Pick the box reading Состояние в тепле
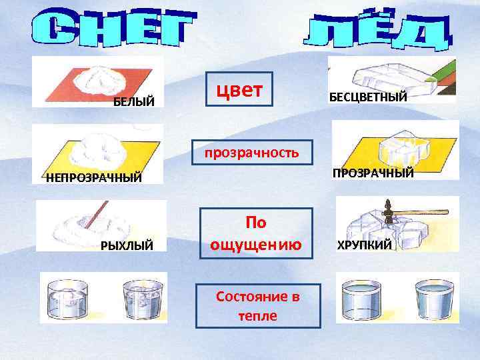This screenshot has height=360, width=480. (257, 305)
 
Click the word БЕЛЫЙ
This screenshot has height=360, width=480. (133, 102)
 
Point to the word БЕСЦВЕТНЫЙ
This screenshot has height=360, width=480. (368, 98)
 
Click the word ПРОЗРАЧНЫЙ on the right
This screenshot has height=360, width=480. (373, 173)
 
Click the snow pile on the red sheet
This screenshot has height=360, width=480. (100, 79)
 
